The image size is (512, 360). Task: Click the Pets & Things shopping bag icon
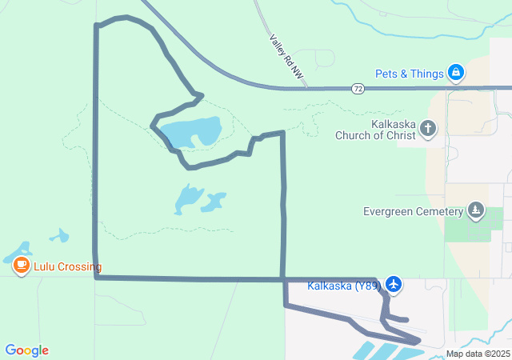(x=456, y=74)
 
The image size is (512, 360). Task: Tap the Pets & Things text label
(x=410, y=74)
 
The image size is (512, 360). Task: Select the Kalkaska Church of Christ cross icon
(x=429, y=128)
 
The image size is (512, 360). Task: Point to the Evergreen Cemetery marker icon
(x=476, y=211)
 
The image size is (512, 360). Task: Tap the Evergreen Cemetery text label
(x=413, y=212)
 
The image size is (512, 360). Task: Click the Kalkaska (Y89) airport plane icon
(x=393, y=284)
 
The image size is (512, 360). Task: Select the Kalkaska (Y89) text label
(x=344, y=286)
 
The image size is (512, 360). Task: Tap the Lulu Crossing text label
(x=67, y=267)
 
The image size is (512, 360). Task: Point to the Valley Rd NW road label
(x=286, y=57)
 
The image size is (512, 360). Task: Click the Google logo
(x=26, y=350)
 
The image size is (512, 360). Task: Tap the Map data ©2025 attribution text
(x=478, y=354)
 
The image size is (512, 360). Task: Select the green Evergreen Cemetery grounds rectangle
(x=467, y=225)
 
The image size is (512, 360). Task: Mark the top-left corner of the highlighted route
(x=97, y=26)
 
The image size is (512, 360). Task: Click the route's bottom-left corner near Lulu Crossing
(x=96, y=277)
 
